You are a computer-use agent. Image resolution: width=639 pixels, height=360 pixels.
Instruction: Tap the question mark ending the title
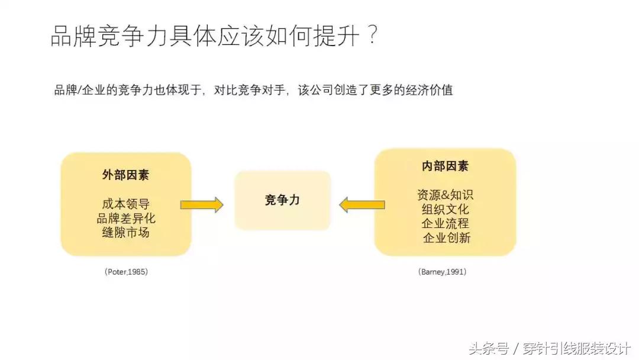click(x=372, y=37)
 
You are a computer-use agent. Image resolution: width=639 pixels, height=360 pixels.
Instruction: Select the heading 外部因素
click(x=125, y=175)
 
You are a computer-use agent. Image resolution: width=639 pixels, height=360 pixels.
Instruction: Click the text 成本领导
click(x=125, y=204)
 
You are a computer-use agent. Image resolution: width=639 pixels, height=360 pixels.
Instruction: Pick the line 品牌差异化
click(x=125, y=218)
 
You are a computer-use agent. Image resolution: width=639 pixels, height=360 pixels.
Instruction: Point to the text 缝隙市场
click(x=125, y=232)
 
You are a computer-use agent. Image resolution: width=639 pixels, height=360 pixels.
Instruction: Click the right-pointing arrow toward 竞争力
click(x=201, y=205)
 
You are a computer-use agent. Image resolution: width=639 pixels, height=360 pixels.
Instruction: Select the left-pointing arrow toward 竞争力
click(x=362, y=205)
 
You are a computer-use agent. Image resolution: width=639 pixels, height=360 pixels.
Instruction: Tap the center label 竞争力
click(x=282, y=200)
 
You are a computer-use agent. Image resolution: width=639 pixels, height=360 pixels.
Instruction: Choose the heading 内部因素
click(x=445, y=166)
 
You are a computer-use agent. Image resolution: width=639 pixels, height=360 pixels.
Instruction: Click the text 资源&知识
click(x=445, y=195)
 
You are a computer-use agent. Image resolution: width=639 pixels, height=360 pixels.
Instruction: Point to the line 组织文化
click(x=445, y=209)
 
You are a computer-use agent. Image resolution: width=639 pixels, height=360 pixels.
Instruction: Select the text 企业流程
click(x=445, y=224)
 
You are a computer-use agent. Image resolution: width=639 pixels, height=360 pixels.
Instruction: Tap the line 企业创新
click(x=447, y=238)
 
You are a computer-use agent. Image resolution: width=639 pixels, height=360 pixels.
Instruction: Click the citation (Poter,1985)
click(x=126, y=272)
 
